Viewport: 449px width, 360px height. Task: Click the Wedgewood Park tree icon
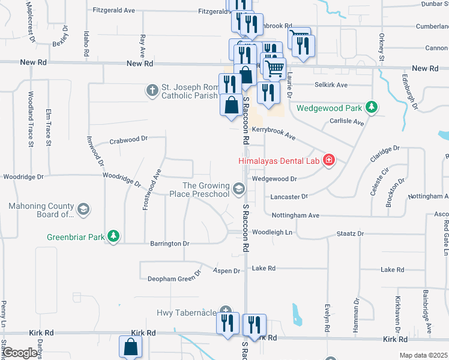(x=372, y=107)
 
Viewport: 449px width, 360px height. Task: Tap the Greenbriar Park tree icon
(x=113, y=236)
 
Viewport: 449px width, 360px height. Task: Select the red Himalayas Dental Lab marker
(x=328, y=160)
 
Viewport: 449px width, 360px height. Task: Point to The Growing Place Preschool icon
(x=239, y=190)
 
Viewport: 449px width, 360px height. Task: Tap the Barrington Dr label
(x=169, y=244)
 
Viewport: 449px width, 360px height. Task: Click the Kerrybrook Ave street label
(x=274, y=133)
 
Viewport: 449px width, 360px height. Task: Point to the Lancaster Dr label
(x=289, y=196)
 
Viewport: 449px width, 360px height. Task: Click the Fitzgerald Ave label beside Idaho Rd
(x=114, y=10)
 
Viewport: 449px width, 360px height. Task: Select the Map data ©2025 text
(x=423, y=355)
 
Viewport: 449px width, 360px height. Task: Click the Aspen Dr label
(x=228, y=271)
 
